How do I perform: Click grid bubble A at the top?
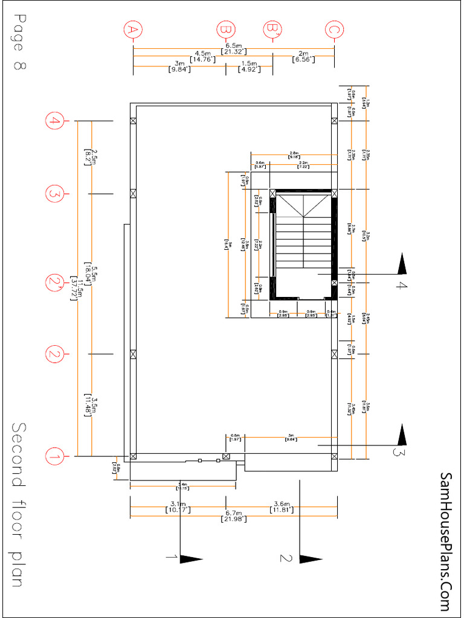(x=133, y=29)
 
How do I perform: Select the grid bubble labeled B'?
(x=272, y=29)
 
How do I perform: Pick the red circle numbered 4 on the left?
(x=54, y=121)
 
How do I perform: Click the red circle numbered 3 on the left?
(x=54, y=194)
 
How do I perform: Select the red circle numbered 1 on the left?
(x=54, y=456)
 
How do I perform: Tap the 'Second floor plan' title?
(x=18, y=504)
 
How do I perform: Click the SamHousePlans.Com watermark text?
(x=446, y=543)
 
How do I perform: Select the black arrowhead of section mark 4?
(x=401, y=264)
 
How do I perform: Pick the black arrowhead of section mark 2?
(x=311, y=559)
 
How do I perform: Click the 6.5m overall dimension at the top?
(x=233, y=45)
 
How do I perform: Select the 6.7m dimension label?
(x=232, y=512)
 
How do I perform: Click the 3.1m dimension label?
(x=178, y=504)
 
